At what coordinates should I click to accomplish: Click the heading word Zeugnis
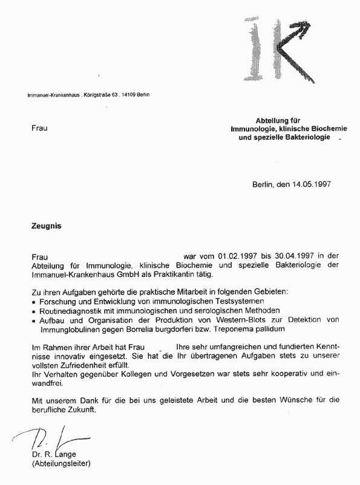(47, 226)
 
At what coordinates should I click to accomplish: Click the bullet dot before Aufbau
(34, 320)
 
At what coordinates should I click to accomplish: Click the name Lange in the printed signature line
(65, 455)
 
